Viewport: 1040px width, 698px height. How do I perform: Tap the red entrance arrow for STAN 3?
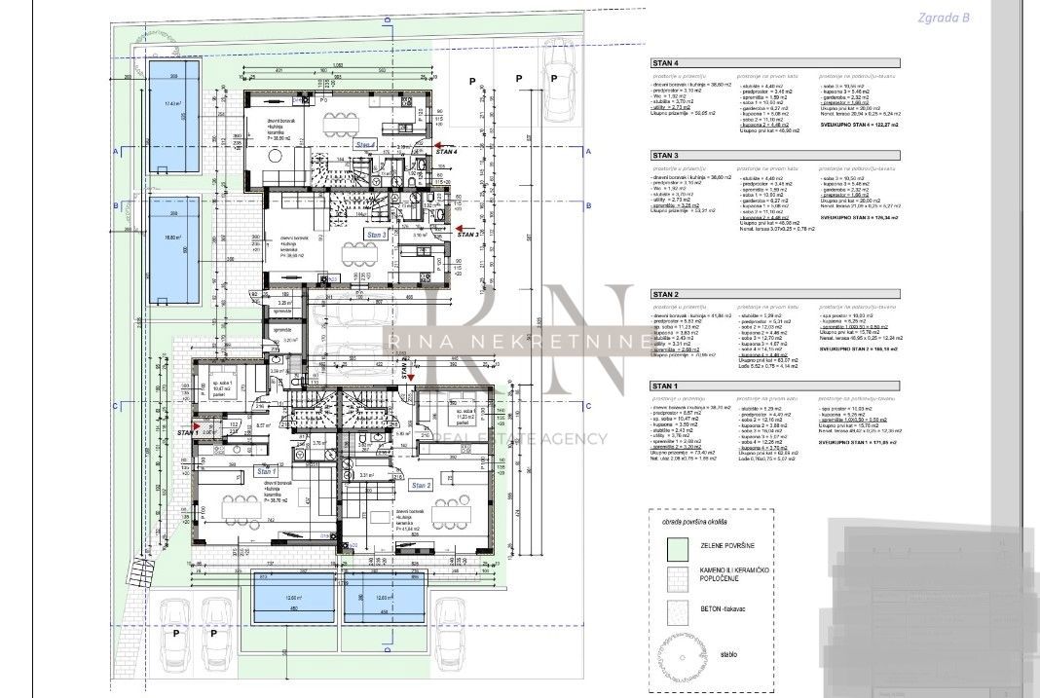click(x=441, y=234)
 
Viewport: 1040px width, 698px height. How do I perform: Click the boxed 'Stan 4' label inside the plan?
click(x=365, y=144)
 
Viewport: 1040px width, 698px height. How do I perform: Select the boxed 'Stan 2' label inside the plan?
click(x=421, y=484)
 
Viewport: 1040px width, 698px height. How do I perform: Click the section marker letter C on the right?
click(x=588, y=405)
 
